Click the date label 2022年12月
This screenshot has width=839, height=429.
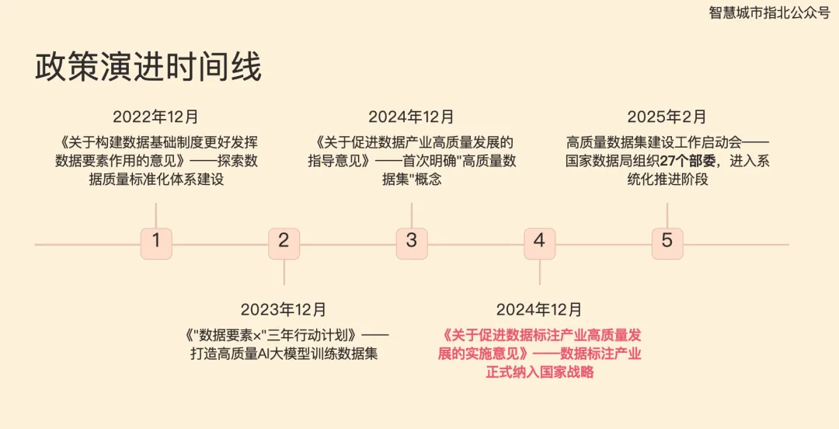tap(155, 117)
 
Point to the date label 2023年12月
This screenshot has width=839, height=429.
tap(284, 310)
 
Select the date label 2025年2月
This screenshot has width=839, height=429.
tap(667, 117)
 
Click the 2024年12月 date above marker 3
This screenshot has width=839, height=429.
tap(411, 117)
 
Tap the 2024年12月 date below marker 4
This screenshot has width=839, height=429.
tap(539, 310)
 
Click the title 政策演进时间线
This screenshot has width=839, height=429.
tap(148, 68)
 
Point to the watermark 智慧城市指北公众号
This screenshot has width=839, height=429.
tap(769, 13)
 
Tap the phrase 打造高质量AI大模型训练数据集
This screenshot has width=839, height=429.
tap(284, 354)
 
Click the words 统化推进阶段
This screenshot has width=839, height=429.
tap(667, 180)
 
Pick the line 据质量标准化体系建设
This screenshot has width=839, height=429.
tap(156, 180)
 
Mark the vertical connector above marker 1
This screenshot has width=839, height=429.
tap(156, 215)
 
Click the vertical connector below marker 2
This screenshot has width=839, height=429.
tap(284, 272)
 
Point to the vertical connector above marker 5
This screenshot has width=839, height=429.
tap(667, 215)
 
